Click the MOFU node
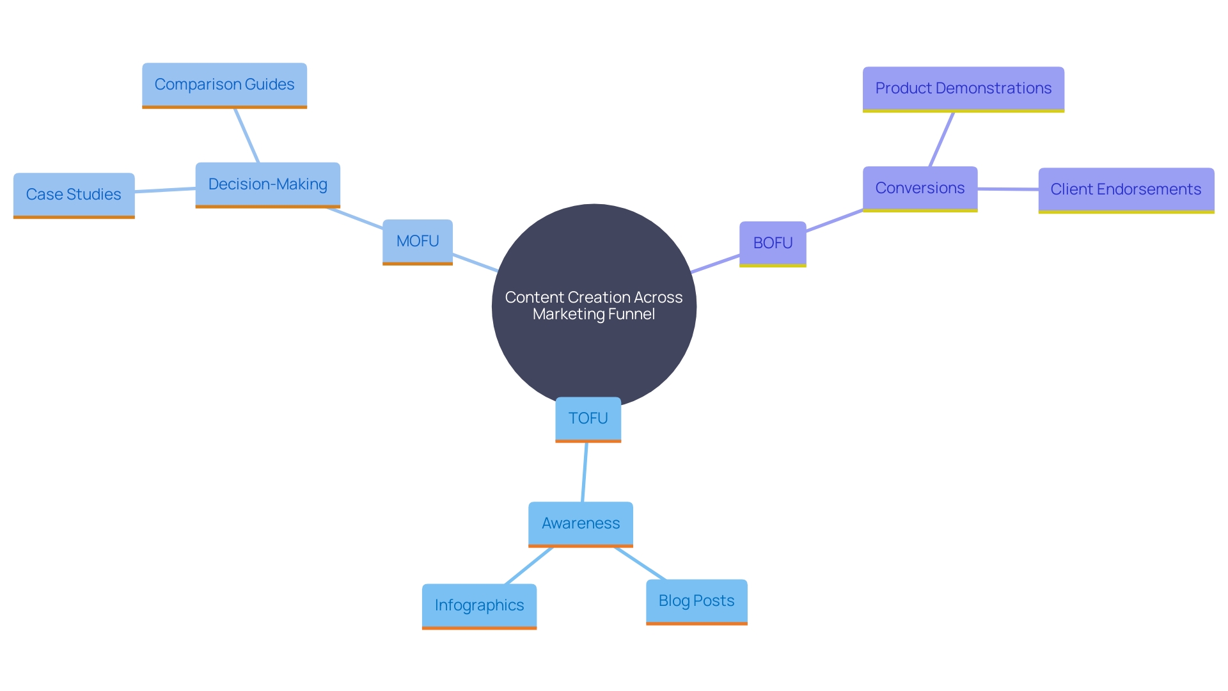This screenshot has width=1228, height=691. point(417,241)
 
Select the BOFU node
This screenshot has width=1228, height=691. point(773,243)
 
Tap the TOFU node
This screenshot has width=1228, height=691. point(588,418)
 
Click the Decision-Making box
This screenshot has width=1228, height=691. point(267,184)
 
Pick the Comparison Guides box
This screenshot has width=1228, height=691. point(224,84)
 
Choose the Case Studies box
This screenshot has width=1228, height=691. point(74,195)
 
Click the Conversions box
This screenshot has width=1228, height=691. point(920,188)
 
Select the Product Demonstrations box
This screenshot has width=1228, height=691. point(963,88)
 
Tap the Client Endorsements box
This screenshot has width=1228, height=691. point(1126,189)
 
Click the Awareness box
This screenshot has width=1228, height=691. point(581,523)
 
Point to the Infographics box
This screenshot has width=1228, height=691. point(479,605)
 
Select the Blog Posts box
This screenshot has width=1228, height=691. point(697,601)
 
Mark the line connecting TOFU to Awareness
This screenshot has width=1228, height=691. point(585,472)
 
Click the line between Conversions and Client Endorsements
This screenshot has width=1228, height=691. point(1008,189)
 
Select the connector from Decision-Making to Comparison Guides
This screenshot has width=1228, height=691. point(247,136)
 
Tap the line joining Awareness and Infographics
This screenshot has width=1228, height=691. point(529,566)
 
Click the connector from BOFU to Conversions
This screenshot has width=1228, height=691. point(835,221)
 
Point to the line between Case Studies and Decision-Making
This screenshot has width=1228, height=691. point(165,189)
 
